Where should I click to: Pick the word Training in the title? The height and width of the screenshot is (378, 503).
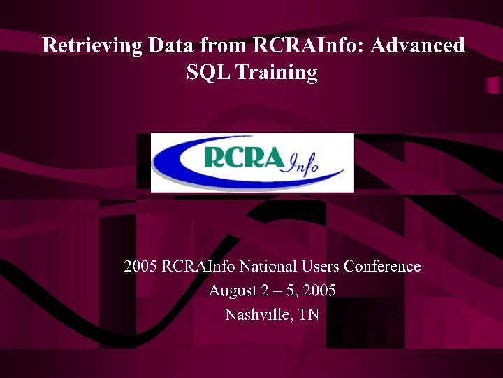coord(277,73)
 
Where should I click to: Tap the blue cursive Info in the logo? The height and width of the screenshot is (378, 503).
coord(302,164)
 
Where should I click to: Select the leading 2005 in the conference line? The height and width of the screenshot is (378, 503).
coord(140,267)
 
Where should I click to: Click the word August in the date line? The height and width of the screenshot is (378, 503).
coord(231,291)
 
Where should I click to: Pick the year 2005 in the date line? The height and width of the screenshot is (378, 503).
coord(319,290)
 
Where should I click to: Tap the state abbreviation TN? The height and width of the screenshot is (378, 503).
coord(309,315)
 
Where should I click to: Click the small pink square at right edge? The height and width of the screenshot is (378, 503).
coord(493,85)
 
